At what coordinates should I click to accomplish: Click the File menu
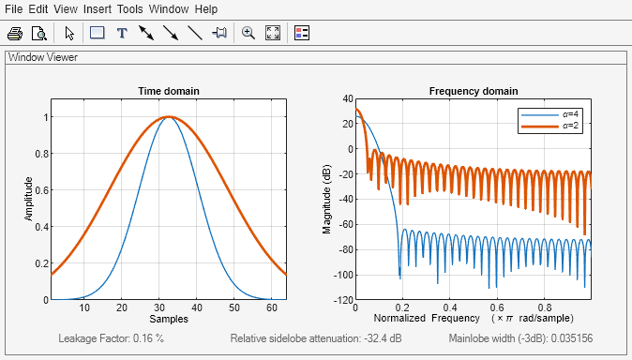[14, 8]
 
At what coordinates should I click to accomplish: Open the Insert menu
[98, 8]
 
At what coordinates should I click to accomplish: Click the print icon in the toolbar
[15, 33]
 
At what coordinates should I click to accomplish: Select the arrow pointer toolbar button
[68, 33]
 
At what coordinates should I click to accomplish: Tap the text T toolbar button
[121, 33]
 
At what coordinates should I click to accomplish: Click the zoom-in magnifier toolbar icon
[248, 33]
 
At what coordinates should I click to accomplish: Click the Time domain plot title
[169, 91]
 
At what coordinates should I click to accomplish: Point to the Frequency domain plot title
[473, 91]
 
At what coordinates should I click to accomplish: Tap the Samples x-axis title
[170, 320]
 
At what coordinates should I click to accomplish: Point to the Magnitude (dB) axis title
[327, 199]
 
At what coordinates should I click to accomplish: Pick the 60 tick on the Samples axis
[271, 307]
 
